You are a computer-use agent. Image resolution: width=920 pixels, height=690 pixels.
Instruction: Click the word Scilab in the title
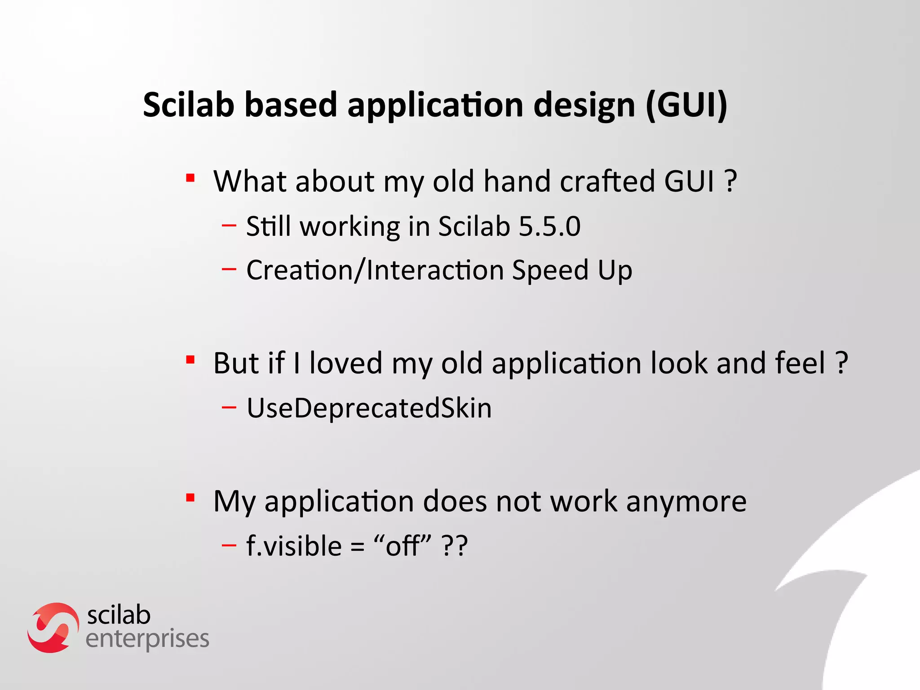click(x=189, y=105)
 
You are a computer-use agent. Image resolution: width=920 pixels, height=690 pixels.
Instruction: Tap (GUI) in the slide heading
click(x=686, y=105)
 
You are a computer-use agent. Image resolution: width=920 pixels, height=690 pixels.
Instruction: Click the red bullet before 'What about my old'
click(x=190, y=178)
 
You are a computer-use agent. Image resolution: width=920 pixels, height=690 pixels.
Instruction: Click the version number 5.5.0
click(x=549, y=226)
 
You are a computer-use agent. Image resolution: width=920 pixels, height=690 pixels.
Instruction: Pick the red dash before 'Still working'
click(x=229, y=225)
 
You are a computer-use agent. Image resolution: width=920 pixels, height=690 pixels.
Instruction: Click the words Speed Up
click(x=572, y=270)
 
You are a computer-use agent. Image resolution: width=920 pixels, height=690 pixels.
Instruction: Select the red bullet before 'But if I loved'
click(x=190, y=360)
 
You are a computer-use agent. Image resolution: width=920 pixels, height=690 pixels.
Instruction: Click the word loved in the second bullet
click(x=345, y=363)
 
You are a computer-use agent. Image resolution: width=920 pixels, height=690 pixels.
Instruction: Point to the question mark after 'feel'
click(x=841, y=363)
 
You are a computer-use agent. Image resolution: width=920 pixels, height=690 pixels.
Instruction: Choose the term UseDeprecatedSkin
click(x=369, y=408)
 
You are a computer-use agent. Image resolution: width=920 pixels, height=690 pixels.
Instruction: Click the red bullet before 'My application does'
click(x=190, y=498)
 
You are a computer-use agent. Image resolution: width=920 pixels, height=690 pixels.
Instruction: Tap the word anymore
click(x=686, y=501)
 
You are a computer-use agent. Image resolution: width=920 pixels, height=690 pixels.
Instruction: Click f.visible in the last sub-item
click(x=294, y=546)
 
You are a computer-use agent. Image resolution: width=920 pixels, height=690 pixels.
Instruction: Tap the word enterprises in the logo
click(x=147, y=639)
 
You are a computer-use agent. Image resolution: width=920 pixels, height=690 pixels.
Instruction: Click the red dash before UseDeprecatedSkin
click(x=229, y=407)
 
